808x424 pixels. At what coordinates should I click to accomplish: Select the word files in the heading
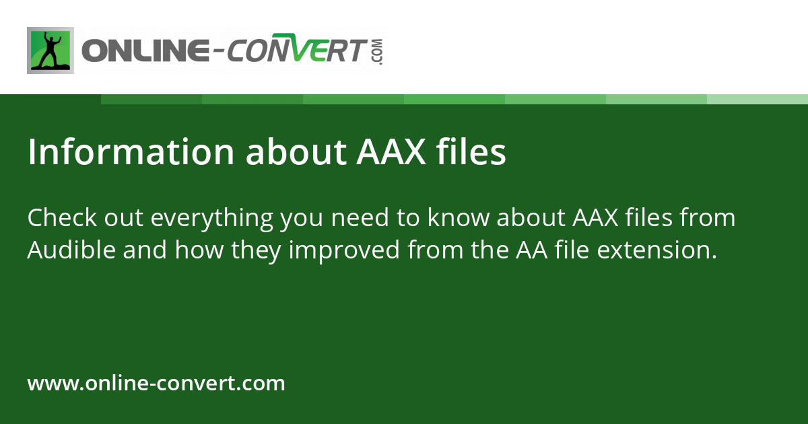[x=471, y=153]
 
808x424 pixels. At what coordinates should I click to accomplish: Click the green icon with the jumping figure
[x=50, y=50]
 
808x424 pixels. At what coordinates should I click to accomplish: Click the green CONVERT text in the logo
[x=296, y=51]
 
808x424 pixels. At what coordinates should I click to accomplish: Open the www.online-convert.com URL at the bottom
[x=156, y=384]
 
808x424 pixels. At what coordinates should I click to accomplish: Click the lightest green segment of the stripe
[x=757, y=99]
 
